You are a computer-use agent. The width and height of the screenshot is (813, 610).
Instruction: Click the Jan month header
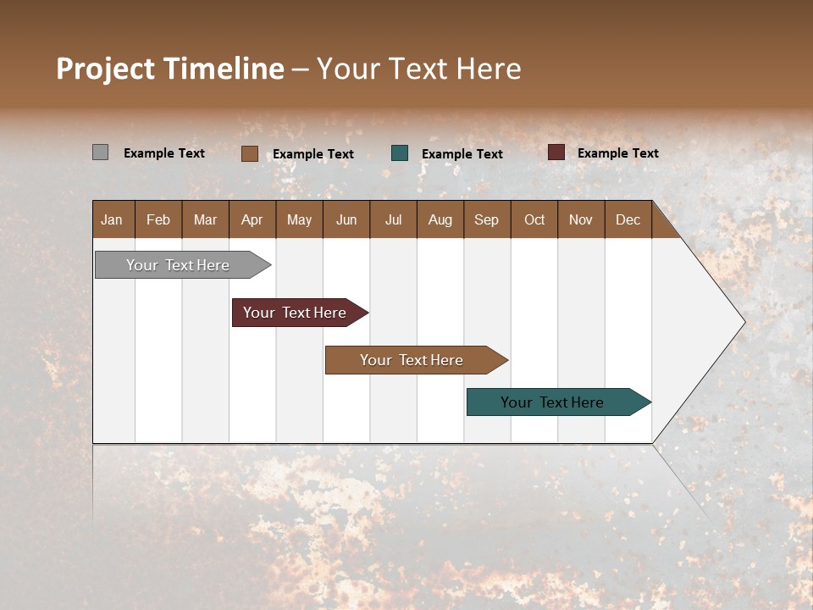113,219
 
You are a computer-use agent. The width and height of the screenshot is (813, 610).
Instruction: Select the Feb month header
158,219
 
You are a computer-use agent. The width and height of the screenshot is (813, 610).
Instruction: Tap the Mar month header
205,219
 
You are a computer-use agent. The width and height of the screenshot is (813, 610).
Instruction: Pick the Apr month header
252,219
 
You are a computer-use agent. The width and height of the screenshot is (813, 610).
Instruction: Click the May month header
299,219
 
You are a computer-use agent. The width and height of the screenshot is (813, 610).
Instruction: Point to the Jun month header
346,219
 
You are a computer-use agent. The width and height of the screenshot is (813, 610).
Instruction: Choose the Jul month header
393,219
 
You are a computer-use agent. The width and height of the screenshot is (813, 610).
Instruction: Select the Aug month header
440,219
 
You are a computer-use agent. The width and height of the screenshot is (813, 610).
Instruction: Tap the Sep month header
487,219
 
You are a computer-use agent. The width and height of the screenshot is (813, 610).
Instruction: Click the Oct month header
534,219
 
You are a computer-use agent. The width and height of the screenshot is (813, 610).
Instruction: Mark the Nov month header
581,219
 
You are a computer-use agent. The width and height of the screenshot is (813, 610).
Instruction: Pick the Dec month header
628,219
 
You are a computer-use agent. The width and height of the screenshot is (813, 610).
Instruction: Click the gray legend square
100,152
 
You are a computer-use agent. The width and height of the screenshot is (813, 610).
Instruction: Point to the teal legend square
400,153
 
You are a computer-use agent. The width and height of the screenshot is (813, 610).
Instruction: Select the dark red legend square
556,152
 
